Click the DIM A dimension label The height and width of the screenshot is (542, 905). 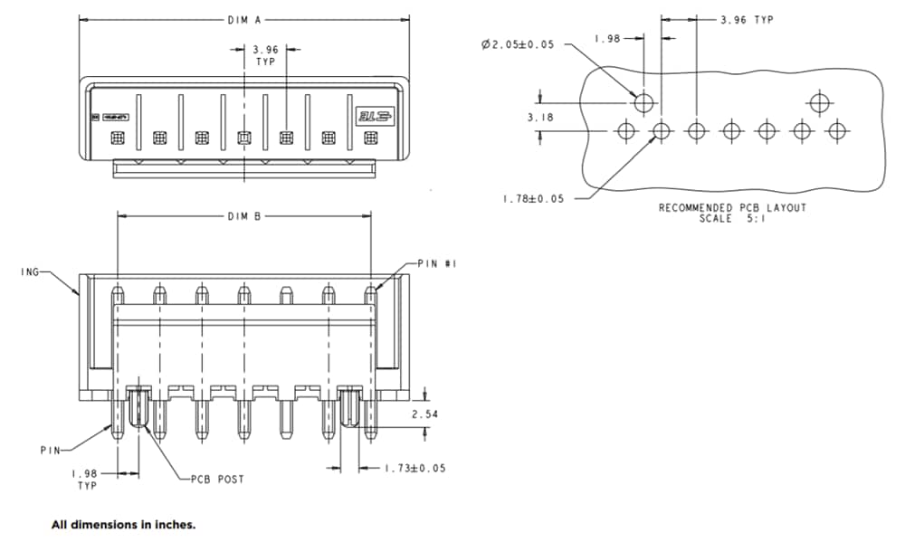click(x=244, y=18)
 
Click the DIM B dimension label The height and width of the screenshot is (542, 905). click(x=244, y=216)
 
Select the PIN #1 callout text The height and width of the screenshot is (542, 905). click(x=439, y=263)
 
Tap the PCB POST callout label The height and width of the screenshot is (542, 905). click(x=216, y=479)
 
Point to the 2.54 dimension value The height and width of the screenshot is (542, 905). click(x=426, y=414)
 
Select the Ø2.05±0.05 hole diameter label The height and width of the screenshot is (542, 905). click(x=518, y=44)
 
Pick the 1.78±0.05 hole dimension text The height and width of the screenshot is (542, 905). click(x=533, y=199)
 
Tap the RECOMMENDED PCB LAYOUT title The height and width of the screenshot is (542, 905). click(x=731, y=208)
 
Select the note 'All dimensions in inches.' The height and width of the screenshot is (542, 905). click(x=123, y=524)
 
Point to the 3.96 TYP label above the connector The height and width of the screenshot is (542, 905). click(x=265, y=55)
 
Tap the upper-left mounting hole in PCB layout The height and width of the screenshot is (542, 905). click(x=643, y=102)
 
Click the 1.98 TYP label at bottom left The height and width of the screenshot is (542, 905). click(x=85, y=479)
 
